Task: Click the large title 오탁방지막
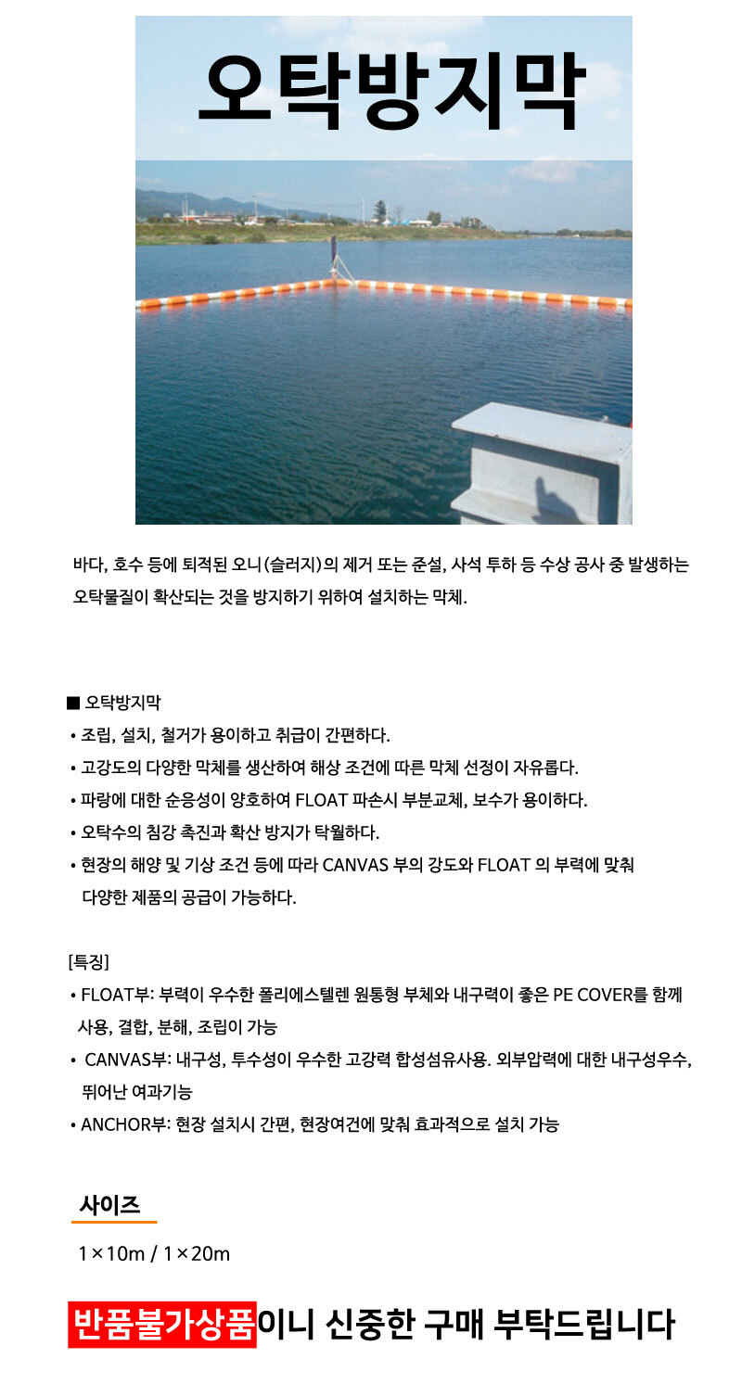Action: pyautogui.click(x=390, y=90)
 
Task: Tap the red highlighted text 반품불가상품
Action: pyautogui.click(x=162, y=1324)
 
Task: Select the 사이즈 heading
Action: pyautogui.click(x=109, y=1204)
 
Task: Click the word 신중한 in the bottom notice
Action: pyautogui.click(x=367, y=1324)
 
